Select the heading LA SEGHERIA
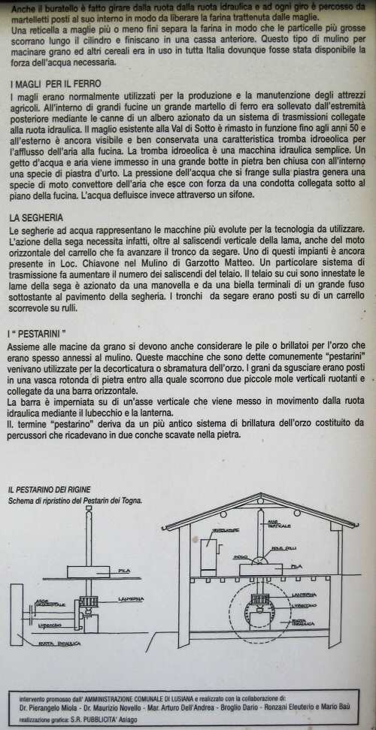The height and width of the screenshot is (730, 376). click(x=37, y=217)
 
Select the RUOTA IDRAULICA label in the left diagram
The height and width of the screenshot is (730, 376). click(x=62, y=644)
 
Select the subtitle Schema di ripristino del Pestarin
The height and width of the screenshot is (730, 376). click(x=75, y=500)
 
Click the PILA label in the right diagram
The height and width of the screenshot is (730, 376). click(x=296, y=565)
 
